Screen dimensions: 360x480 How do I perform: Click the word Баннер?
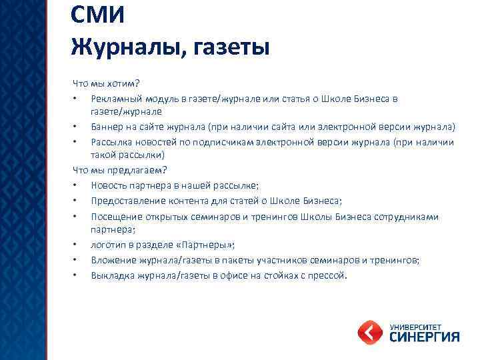(x=107, y=127)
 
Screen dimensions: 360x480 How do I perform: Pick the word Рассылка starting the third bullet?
(x=111, y=141)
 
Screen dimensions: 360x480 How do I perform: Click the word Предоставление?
(x=124, y=201)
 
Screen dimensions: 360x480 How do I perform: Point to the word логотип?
(x=108, y=245)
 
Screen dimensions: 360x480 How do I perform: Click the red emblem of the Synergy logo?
(x=369, y=331)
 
